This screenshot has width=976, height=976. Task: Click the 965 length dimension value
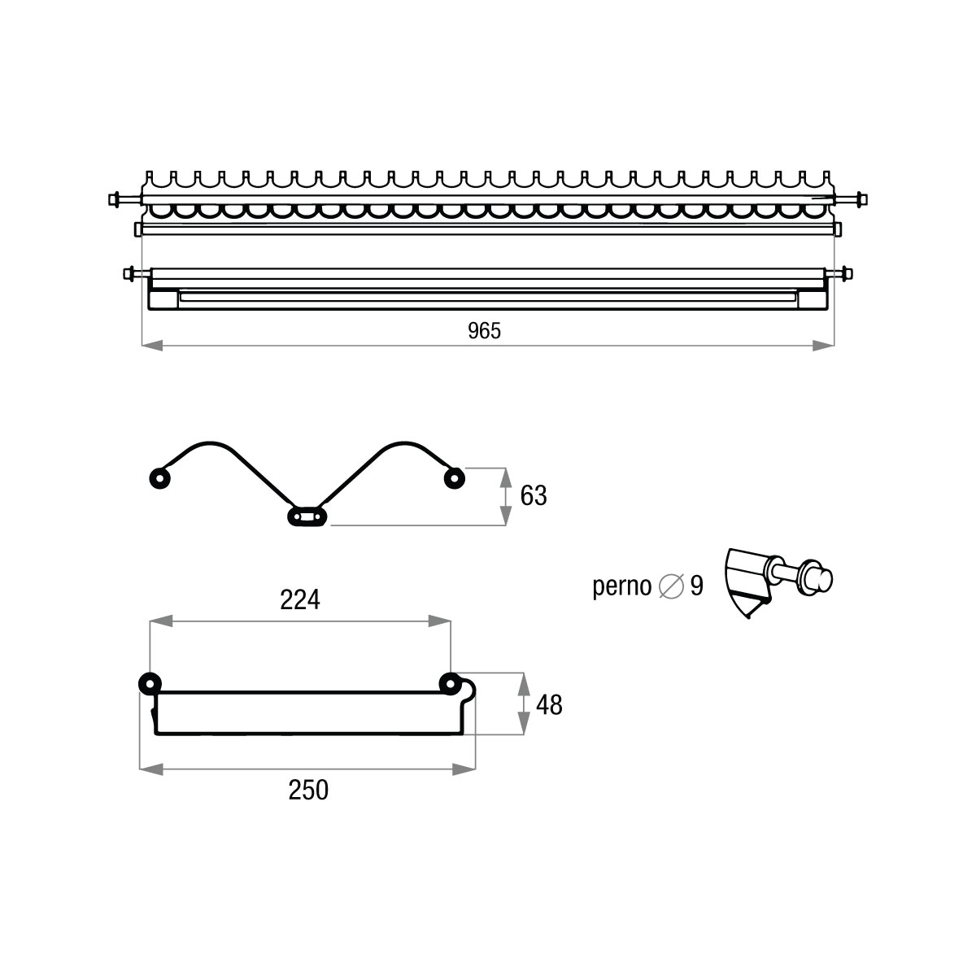pyautogui.click(x=485, y=330)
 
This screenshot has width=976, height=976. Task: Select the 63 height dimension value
pyautogui.click(x=534, y=496)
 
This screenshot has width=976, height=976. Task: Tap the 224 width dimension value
pyautogui.click(x=300, y=600)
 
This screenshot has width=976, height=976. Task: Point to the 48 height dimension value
pyautogui.click(x=550, y=705)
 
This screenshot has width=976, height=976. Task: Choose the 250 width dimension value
pyautogui.click(x=309, y=790)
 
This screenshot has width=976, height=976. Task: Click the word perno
pyautogui.click(x=622, y=586)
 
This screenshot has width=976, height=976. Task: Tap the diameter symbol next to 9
pyautogui.click(x=671, y=586)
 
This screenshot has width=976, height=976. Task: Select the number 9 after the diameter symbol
pyautogui.click(x=697, y=586)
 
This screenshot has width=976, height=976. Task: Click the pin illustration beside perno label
pyautogui.click(x=777, y=582)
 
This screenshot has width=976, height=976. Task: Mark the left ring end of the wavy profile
pyautogui.click(x=159, y=478)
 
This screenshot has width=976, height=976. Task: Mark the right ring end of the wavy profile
pyautogui.click(x=453, y=478)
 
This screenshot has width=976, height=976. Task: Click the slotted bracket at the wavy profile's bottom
pyautogui.click(x=307, y=516)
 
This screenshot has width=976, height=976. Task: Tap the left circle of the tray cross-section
pyautogui.click(x=150, y=682)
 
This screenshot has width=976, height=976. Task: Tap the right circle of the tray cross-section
pyautogui.click(x=449, y=683)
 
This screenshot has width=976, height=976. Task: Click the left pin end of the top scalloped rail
pyautogui.click(x=120, y=198)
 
